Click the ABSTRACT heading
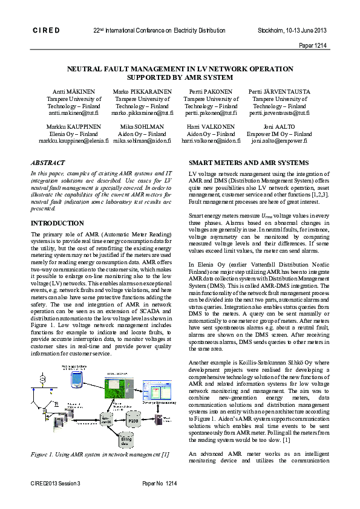[x=48, y=163]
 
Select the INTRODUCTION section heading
[x=57, y=223]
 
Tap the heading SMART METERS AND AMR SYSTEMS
[x=248, y=163]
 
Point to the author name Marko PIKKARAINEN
[x=141, y=91]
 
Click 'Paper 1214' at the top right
[x=313, y=45]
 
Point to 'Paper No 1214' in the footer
[x=159, y=484]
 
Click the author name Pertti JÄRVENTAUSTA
[x=279, y=91]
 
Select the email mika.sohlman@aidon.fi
[x=141, y=140]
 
